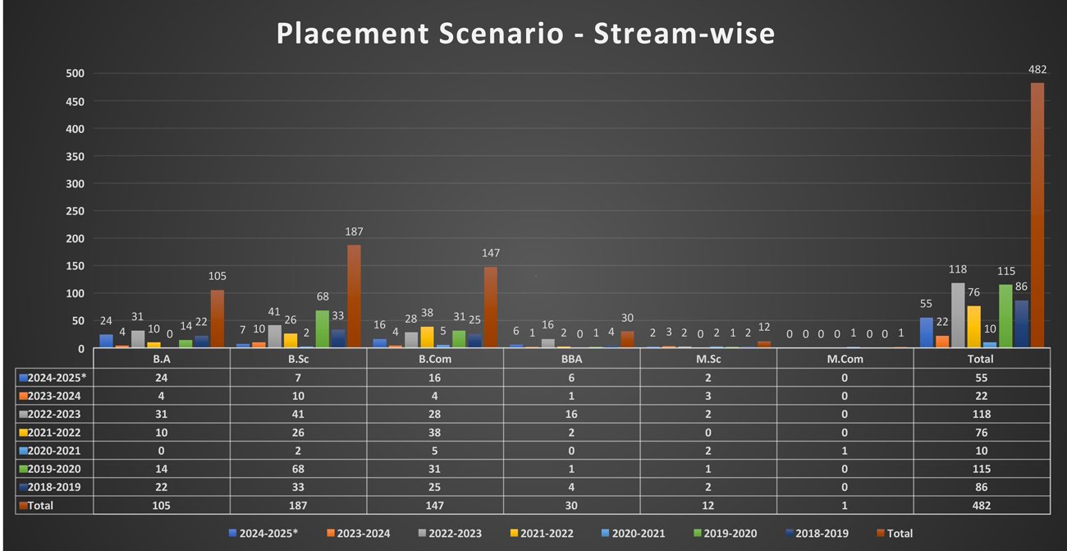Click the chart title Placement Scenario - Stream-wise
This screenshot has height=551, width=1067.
525,34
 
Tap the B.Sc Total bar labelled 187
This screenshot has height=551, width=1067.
354,296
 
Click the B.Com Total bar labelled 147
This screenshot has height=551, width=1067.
491,307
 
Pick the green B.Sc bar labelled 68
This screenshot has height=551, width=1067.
323,328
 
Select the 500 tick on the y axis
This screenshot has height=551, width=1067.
76,74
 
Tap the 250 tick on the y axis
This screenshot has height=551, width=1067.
76,211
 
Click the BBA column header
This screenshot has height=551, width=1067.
570,359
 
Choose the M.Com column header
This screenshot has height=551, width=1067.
845,359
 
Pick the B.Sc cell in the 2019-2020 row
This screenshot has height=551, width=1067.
297,469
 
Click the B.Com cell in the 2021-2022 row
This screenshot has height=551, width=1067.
434,432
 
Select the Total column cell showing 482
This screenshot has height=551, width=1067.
981,505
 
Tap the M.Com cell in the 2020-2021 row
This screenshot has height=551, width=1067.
845,450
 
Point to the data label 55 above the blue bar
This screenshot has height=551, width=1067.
926,304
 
